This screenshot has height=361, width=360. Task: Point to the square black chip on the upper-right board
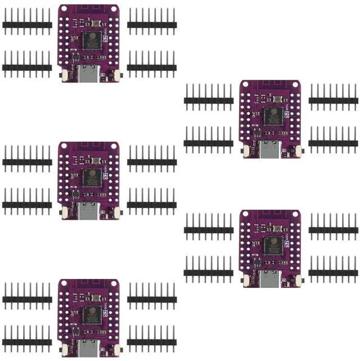[x=272, y=115]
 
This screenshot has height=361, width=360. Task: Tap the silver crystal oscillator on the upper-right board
[x=278, y=98]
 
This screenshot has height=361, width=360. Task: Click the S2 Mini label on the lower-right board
[x=287, y=246]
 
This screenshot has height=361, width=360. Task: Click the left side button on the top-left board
[x=65, y=75]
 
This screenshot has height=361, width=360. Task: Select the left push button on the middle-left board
[x=65, y=212]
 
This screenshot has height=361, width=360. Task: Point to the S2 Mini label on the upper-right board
[x=287, y=115]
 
